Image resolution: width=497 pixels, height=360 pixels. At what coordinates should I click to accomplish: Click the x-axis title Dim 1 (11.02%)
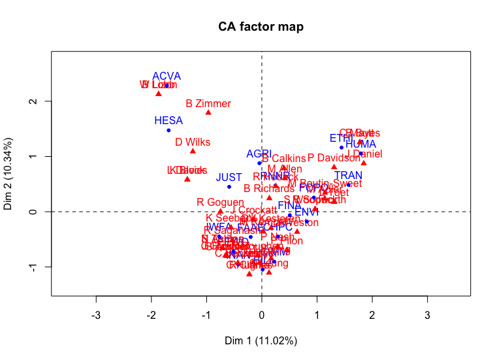click(x=261, y=340)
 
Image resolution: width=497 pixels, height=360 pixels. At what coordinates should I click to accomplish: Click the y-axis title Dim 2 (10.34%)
click(x=8, y=174)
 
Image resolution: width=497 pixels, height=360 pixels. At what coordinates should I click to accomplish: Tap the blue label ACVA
click(x=167, y=76)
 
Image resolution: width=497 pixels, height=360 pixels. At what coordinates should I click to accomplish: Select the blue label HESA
click(x=168, y=121)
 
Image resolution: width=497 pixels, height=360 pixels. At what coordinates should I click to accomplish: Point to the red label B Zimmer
click(x=208, y=103)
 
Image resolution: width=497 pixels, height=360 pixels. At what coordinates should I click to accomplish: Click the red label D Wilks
click(x=193, y=142)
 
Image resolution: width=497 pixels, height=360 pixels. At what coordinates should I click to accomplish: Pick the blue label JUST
click(x=229, y=178)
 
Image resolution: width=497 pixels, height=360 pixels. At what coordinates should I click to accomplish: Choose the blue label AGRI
click(x=259, y=154)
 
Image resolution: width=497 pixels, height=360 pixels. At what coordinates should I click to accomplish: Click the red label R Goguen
click(x=220, y=203)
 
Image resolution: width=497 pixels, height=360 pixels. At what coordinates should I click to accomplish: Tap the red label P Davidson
click(x=334, y=158)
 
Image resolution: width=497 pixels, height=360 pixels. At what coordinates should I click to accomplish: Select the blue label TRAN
click(x=348, y=176)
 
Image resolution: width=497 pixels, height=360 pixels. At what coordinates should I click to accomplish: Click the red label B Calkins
click(x=283, y=159)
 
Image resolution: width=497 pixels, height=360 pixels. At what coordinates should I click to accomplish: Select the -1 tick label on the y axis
click(x=30, y=267)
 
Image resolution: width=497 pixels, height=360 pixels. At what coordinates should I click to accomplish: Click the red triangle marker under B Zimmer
click(x=208, y=112)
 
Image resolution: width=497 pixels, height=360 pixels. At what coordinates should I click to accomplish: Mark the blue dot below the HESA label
click(x=168, y=130)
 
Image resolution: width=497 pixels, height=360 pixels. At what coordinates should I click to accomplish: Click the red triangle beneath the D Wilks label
click(x=193, y=151)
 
